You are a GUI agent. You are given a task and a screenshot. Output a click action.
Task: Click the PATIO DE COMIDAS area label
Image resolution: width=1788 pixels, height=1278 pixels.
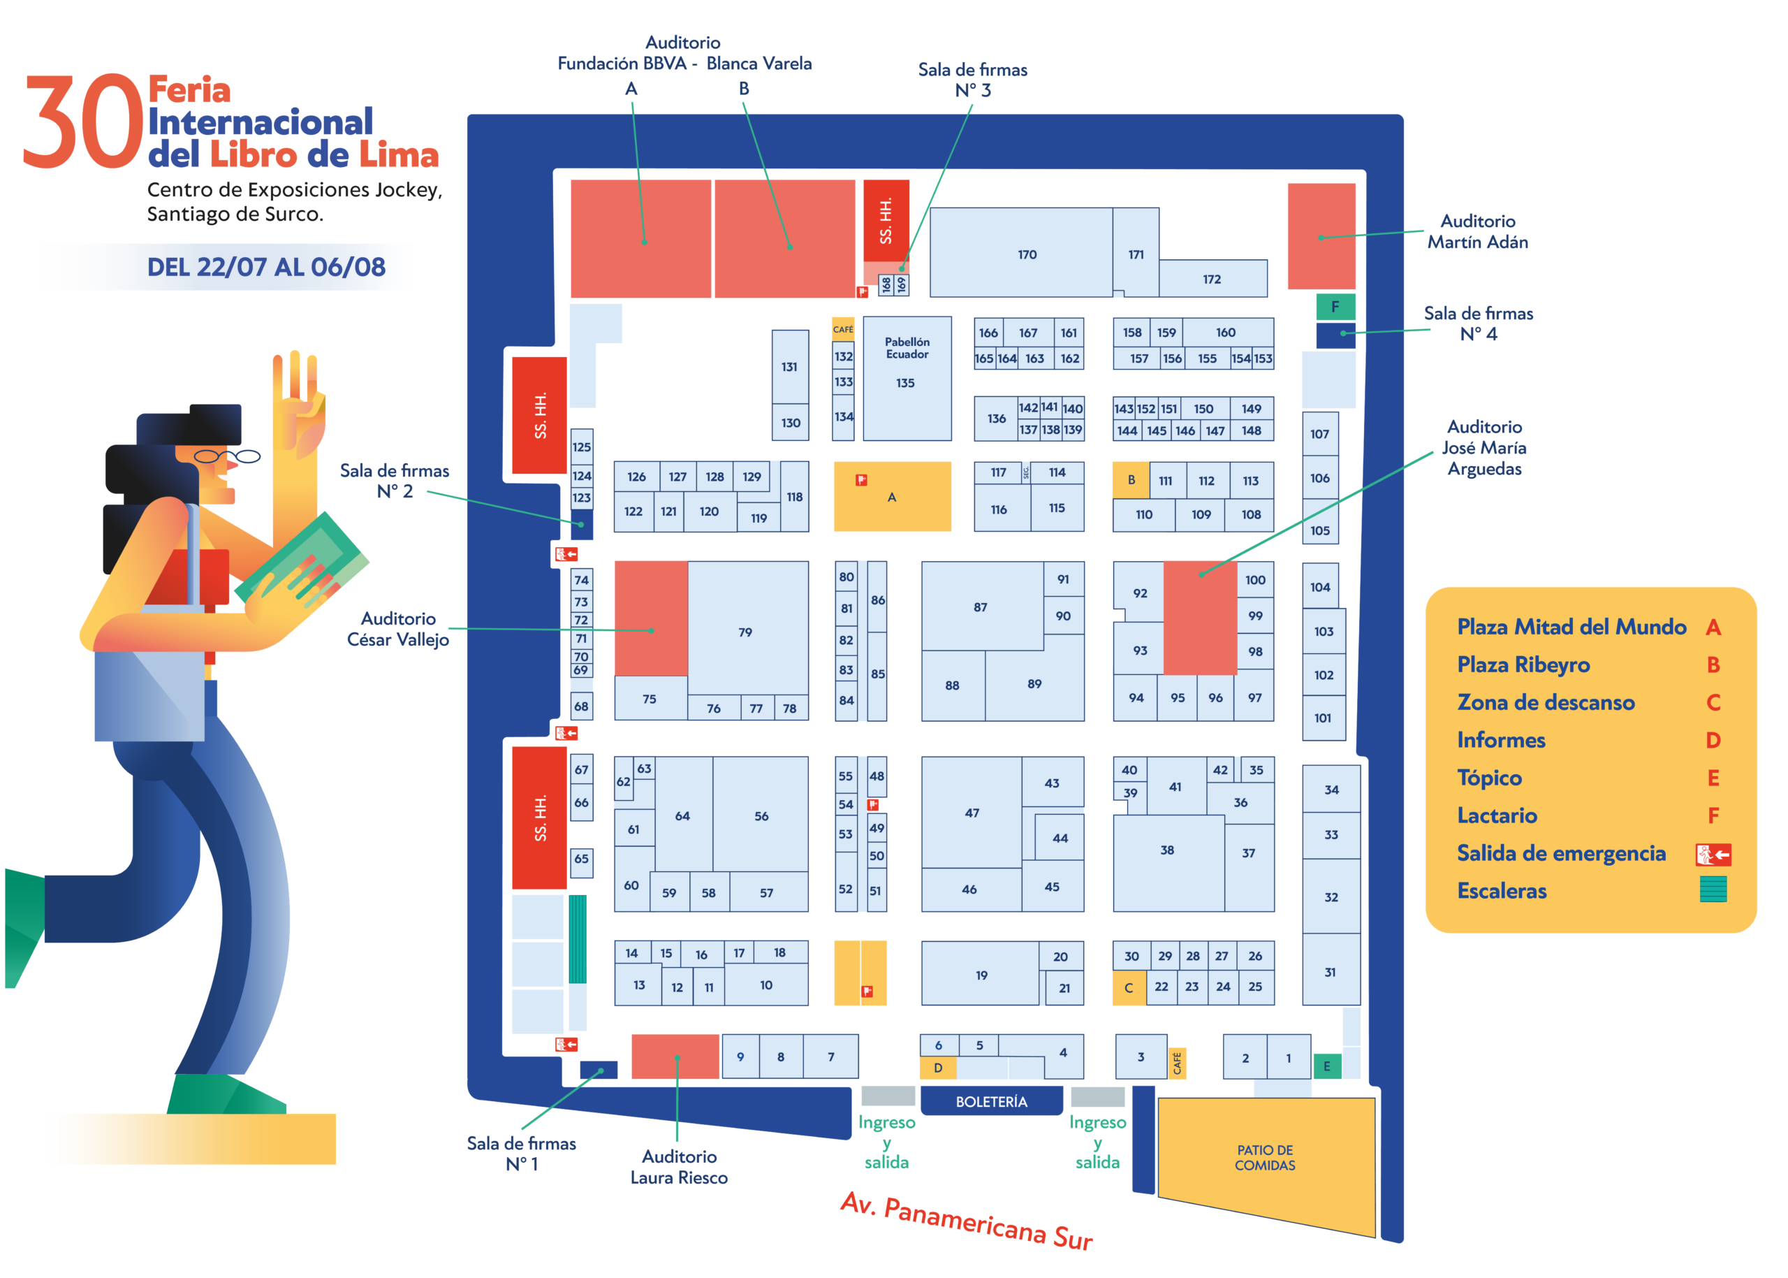click(x=1264, y=1158)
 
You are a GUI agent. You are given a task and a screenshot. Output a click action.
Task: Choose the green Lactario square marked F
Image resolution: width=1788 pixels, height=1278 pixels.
click(x=1335, y=306)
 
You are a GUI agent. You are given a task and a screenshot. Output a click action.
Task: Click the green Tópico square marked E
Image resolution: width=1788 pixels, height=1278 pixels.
click(x=1326, y=1066)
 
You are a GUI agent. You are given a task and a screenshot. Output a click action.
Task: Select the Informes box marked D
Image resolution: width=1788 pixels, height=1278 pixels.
click(x=938, y=1068)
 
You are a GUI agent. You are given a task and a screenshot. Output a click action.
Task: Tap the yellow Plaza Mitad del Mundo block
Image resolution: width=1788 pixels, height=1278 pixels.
click(x=891, y=496)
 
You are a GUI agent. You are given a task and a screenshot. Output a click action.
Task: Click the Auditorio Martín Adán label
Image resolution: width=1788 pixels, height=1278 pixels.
click(x=1476, y=231)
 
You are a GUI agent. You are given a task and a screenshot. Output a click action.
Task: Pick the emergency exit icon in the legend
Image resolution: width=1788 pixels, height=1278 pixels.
click(x=1713, y=854)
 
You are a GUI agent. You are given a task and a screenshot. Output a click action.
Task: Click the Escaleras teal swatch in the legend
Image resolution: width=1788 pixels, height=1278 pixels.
click(x=1713, y=889)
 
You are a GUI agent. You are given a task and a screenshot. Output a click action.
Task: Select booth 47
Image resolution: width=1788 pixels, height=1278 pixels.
click(x=972, y=812)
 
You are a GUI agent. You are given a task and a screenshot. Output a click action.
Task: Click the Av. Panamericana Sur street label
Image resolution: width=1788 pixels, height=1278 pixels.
click(x=966, y=1220)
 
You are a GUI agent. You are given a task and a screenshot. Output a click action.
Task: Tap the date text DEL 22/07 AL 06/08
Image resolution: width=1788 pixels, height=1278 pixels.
click(x=266, y=267)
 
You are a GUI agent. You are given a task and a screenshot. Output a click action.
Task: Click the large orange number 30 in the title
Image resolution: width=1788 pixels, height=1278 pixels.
click(x=82, y=120)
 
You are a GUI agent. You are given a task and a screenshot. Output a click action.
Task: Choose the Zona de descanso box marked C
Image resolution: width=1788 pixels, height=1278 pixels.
click(x=1128, y=987)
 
